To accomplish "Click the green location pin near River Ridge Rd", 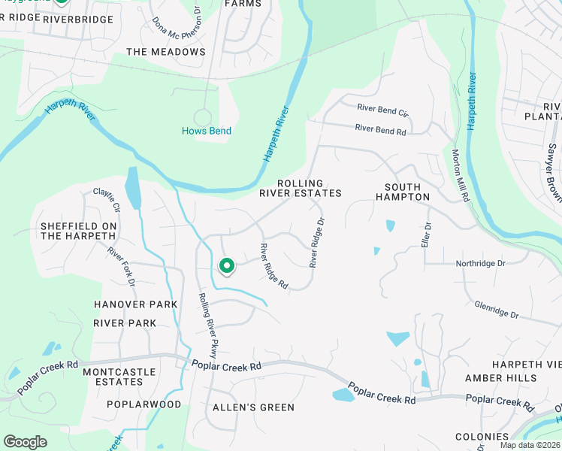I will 226,266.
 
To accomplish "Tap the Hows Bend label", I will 207,131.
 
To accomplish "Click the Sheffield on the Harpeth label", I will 79,231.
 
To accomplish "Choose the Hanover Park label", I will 135,304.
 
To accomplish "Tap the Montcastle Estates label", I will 119,377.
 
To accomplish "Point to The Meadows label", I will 166,52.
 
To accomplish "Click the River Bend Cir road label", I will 382,110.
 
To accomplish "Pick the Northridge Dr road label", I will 481,264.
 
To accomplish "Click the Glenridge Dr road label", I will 497,309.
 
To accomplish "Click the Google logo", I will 26,442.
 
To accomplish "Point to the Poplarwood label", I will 144,404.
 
